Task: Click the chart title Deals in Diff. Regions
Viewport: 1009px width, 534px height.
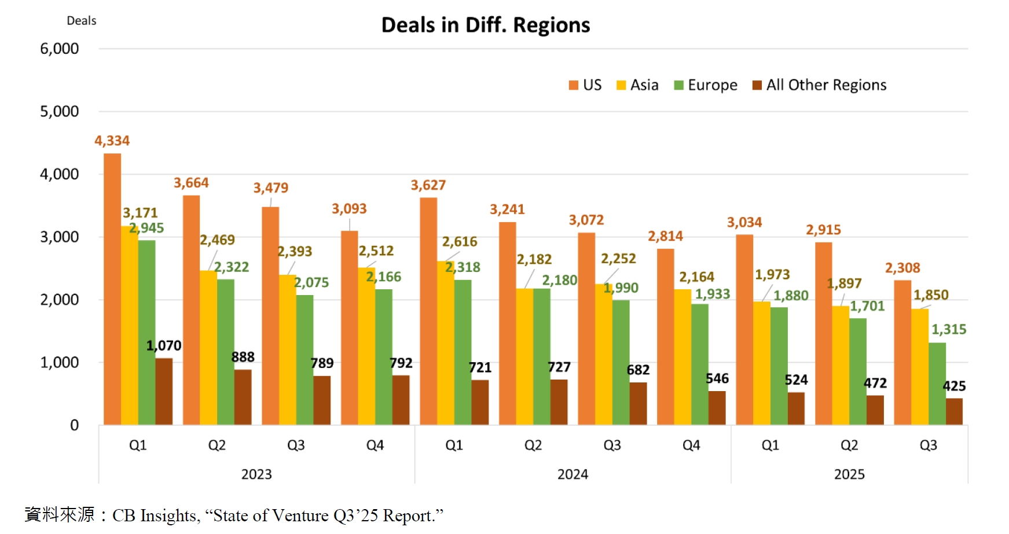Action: [x=485, y=25]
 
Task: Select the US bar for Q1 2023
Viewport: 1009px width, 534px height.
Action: [x=112, y=289]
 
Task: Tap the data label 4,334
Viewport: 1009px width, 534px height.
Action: [x=112, y=141]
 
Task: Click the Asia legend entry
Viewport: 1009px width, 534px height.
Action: [x=637, y=85]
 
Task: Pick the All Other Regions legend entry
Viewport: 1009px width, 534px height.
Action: [x=819, y=85]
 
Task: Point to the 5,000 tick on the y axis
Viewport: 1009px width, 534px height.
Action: [x=59, y=111]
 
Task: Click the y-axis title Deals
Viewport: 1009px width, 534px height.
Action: [x=81, y=21]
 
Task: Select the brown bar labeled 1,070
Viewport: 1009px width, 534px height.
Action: [x=164, y=392]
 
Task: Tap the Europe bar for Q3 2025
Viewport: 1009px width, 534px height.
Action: [x=937, y=384]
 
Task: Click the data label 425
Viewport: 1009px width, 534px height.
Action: [x=954, y=386]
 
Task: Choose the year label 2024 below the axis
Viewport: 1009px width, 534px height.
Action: [x=573, y=474]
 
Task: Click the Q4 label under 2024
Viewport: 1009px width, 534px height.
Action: [x=691, y=445]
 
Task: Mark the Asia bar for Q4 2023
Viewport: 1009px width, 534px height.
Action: [x=366, y=346]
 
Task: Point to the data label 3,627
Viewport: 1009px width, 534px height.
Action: [x=428, y=185]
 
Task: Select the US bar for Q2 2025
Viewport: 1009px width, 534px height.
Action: [x=823, y=333]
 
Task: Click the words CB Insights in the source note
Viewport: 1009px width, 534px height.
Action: [x=155, y=515]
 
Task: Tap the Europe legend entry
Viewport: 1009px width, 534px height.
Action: [x=706, y=85]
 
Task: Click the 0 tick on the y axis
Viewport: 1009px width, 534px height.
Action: [x=74, y=425]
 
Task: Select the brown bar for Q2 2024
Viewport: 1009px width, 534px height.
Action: [x=559, y=402]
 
